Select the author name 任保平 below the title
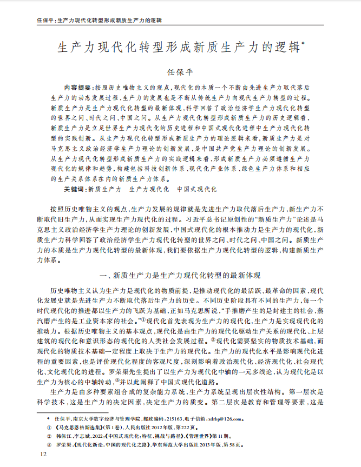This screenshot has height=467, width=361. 180,71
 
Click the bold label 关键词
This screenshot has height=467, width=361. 75,190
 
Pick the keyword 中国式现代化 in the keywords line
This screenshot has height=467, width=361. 197,190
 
